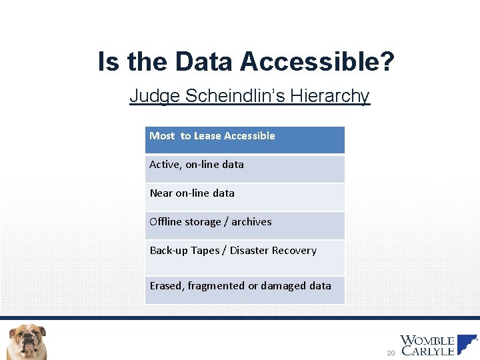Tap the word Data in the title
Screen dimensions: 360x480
(x=205, y=62)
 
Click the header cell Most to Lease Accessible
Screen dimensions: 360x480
(x=245, y=140)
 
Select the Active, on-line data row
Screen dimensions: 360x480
(x=245, y=169)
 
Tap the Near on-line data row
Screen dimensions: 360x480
(x=245, y=197)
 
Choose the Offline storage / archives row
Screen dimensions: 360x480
(x=245, y=225)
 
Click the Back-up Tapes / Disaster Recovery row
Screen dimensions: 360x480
(x=245, y=257)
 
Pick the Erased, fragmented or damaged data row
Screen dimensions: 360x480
(x=245, y=290)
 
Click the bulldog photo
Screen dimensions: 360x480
(x=27, y=341)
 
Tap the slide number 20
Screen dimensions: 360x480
(x=391, y=352)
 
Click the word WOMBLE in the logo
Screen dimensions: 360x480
(x=427, y=341)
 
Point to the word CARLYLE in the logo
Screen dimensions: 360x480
(x=427, y=351)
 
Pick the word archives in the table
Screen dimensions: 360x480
(x=251, y=222)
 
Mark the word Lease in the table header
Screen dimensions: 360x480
(x=207, y=136)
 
